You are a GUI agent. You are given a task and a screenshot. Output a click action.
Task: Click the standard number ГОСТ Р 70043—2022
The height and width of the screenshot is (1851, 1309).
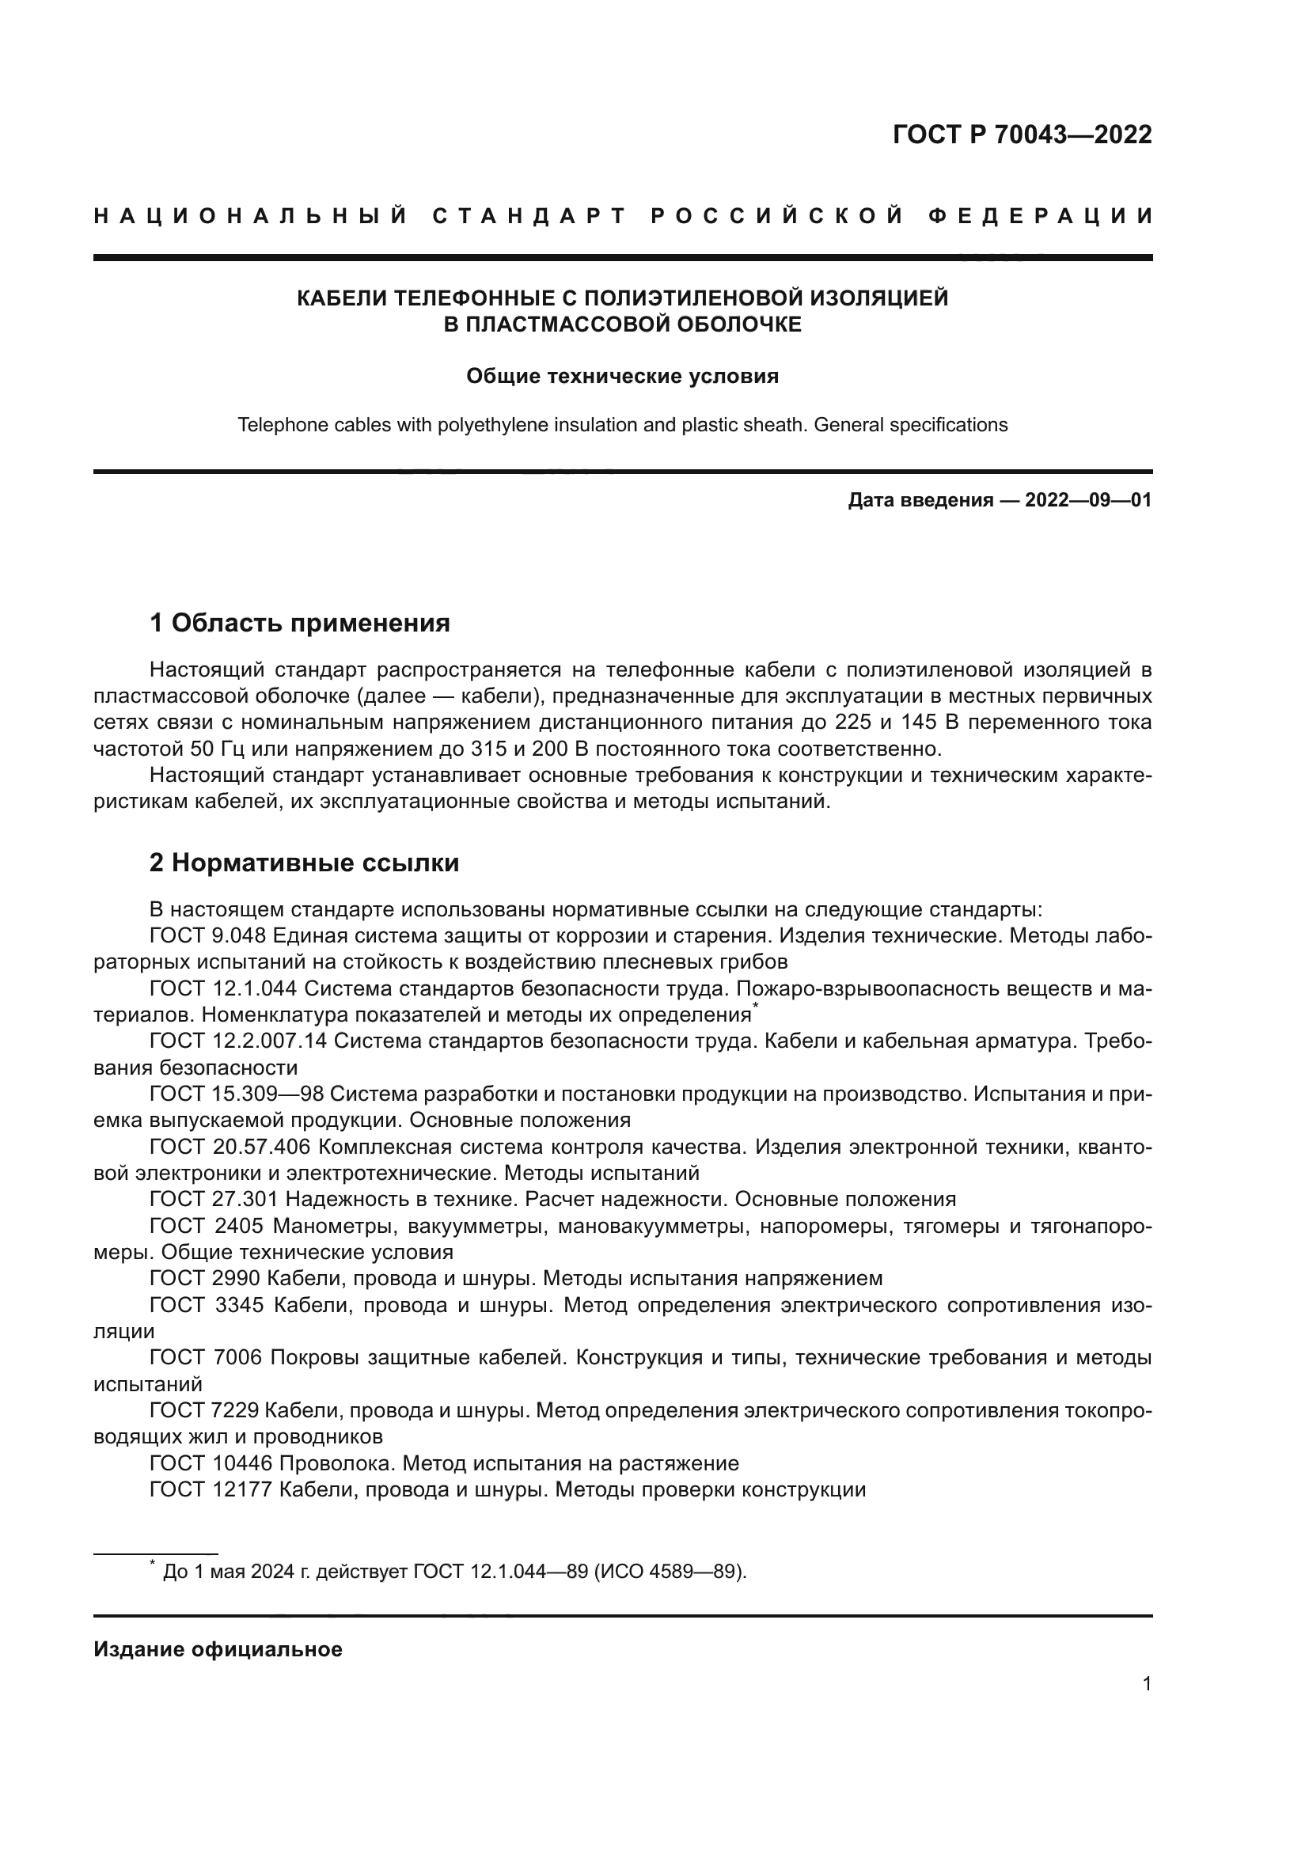[x=1022, y=135]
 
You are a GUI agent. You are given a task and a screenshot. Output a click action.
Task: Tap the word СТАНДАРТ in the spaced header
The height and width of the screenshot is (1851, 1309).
[x=529, y=216]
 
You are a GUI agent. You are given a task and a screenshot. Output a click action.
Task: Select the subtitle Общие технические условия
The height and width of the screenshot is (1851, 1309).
[x=622, y=377]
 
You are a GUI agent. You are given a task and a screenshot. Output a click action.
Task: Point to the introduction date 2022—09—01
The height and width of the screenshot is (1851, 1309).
[x=1088, y=501]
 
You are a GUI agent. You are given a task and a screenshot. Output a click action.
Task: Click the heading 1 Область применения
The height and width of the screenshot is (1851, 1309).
[x=300, y=622]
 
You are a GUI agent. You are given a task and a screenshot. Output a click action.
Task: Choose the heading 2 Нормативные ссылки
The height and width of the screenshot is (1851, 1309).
[x=305, y=863]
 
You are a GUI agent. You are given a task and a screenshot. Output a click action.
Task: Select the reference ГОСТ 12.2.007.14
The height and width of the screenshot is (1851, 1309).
[x=238, y=1041]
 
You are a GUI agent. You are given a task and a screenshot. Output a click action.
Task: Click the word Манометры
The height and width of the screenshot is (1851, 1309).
[x=336, y=1226]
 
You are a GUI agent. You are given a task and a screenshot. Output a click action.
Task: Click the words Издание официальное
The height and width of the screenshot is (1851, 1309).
[x=218, y=1649]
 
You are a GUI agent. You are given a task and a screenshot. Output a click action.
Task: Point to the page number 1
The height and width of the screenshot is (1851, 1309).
[x=1147, y=1684]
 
